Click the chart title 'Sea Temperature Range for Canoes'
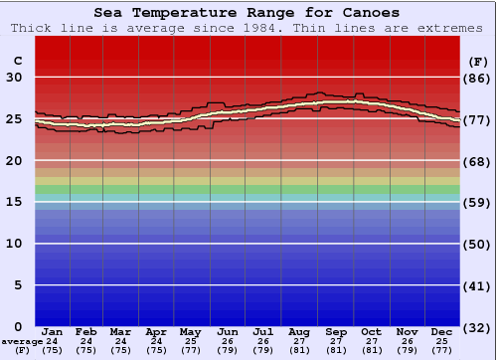point(248,13)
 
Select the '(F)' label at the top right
point(477,61)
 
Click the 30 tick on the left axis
point(15,78)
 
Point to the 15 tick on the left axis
point(15,202)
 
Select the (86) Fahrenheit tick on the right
point(477,78)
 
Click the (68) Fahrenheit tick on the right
point(477,161)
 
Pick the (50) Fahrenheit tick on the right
point(477,244)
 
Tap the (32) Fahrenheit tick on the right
point(477,327)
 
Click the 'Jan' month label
point(53,331)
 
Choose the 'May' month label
point(189,331)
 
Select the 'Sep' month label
point(335,331)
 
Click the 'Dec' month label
point(442,331)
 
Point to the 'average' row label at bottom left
point(22,341)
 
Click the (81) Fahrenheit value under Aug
point(298,350)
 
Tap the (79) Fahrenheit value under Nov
point(407,350)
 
